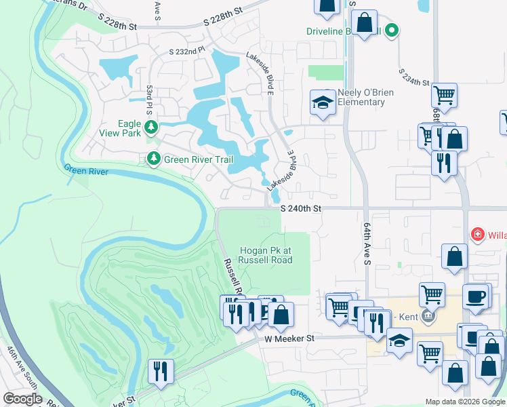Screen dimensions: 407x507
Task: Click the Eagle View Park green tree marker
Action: (x=153, y=127)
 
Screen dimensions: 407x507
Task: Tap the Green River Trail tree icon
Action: (x=154, y=159)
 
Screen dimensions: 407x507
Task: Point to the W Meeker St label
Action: (x=290, y=338)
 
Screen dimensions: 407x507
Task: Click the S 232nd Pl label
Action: (x=186, y=51)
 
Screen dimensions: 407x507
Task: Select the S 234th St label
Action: (x=414, y=77)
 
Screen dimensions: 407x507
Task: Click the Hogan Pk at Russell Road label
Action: (x=265, y=254)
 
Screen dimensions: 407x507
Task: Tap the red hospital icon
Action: (x=478, y=235)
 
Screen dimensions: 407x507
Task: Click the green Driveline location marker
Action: (x=391, y=31)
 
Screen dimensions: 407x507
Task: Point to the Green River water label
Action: (x=86, y=171)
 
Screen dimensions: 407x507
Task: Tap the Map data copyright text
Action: (x=465, y=402)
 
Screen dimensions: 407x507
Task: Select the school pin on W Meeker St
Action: (x=400, y=341)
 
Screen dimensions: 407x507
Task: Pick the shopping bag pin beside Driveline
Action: (x=365, y=23)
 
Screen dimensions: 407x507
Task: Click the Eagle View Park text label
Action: (x=120, y=128)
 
